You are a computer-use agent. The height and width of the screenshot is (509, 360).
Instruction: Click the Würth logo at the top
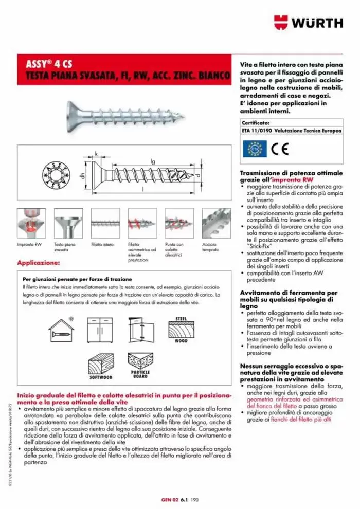tap(308, 22)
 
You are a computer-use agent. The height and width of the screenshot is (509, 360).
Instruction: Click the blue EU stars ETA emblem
tap(254, 149)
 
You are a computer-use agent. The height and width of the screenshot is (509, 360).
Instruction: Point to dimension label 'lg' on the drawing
tap(153, 161)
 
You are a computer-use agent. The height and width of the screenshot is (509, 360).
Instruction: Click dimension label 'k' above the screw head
tap(96, 153)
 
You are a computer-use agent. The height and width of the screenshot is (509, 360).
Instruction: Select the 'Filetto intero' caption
tap(102, 245)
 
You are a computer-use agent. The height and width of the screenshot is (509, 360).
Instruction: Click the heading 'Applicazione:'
tap(38, 263)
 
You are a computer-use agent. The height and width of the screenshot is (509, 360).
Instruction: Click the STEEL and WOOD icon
tap(181, 329)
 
